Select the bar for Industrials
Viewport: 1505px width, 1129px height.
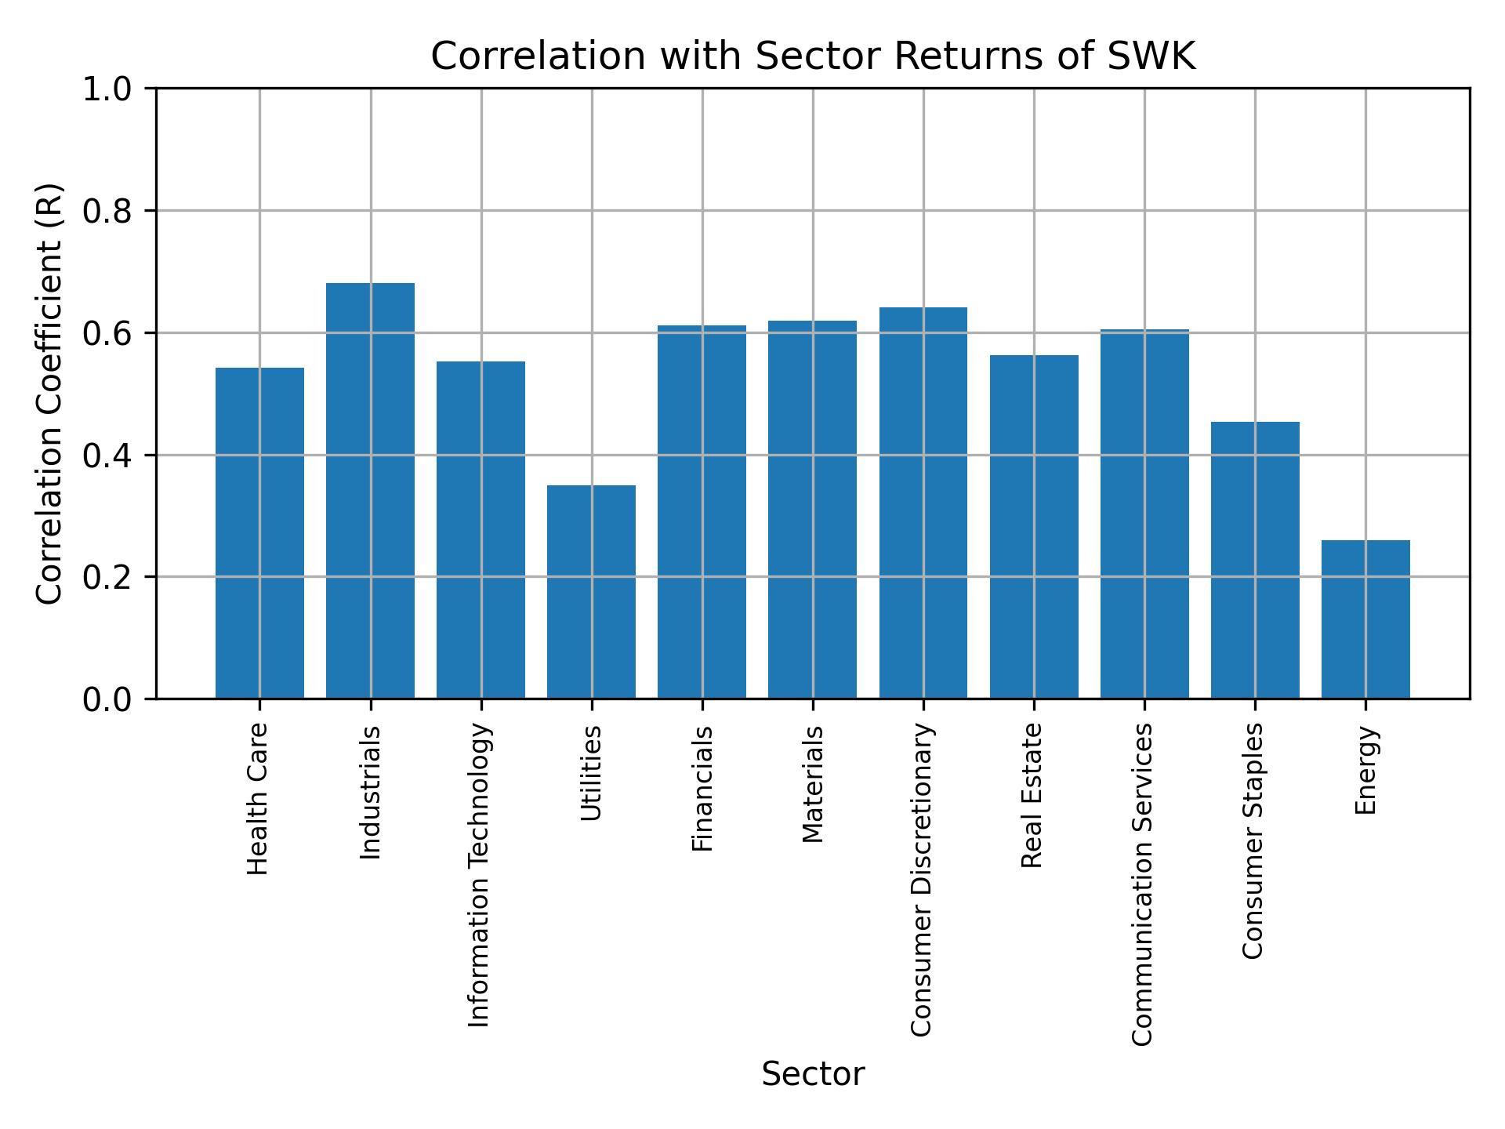point(370,490)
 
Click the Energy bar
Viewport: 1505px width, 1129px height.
point(1365,619)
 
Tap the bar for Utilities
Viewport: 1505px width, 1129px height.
point(591,591)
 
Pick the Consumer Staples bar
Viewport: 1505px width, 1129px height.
point(1255,560)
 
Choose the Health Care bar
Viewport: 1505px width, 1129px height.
point(259,532)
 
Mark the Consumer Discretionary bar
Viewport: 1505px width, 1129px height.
point(923,503)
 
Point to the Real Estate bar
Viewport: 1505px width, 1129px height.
point(1034,526)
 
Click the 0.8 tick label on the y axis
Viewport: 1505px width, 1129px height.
point(108,212)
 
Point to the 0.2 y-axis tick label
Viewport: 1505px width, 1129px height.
point(108,578)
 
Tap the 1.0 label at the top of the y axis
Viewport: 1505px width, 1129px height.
point(108,89)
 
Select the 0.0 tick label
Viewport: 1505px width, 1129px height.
point(108,699)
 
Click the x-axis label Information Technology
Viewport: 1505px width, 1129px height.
point(479,875)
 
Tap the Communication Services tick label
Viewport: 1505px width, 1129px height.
point(1143,884)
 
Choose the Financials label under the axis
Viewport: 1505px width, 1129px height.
point(702,788)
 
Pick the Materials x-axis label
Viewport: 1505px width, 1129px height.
point(813,784)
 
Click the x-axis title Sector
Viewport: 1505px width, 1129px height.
point(813,1074)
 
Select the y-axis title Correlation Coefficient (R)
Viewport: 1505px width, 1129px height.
point(50,394)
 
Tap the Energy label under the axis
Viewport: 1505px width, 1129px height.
point(1365,770)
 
